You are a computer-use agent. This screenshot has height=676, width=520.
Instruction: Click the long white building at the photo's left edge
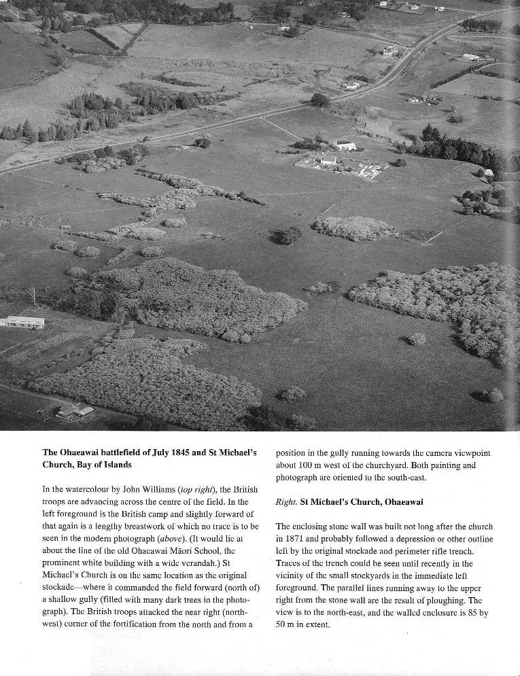(x=22, y=321)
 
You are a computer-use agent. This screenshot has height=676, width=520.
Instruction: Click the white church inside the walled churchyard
(x=329, y=160)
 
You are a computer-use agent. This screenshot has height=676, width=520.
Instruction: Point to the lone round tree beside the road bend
(x=319, y=100)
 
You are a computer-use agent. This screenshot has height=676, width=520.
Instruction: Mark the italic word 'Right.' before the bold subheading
(x=286, y=502)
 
